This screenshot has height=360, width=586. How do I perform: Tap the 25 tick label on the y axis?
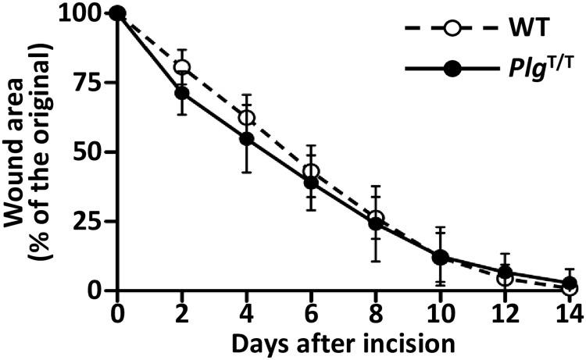(x=88, y=221)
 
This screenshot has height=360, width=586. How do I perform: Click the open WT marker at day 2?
(x=182, y=68)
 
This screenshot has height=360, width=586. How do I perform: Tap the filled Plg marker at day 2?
(x=182, y=93)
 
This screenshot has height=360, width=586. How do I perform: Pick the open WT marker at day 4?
(x=247, y=118)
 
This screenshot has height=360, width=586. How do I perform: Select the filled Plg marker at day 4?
(x=247, y=138)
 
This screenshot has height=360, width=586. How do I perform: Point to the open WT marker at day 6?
(x=312, y=171)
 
